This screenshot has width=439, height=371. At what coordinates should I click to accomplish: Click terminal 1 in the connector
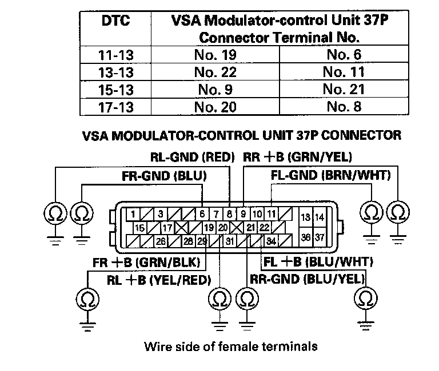click(133, 215)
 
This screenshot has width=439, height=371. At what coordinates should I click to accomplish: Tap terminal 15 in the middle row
click(139, 228)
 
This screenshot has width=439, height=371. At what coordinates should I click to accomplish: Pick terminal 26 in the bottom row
click(161, 241)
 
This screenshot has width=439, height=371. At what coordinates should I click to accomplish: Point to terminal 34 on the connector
click(271, 241)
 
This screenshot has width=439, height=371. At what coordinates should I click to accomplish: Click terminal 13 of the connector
click(306, 217)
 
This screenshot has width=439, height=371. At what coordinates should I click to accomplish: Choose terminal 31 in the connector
click(230, 241)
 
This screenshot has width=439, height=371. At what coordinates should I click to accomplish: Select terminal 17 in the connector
click(167, 228)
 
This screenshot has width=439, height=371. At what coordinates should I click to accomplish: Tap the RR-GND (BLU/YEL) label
click(308, 279)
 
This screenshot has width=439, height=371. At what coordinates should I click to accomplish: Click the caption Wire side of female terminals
click(230, 346)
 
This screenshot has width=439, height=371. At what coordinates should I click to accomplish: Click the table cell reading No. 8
click(344, 106)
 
